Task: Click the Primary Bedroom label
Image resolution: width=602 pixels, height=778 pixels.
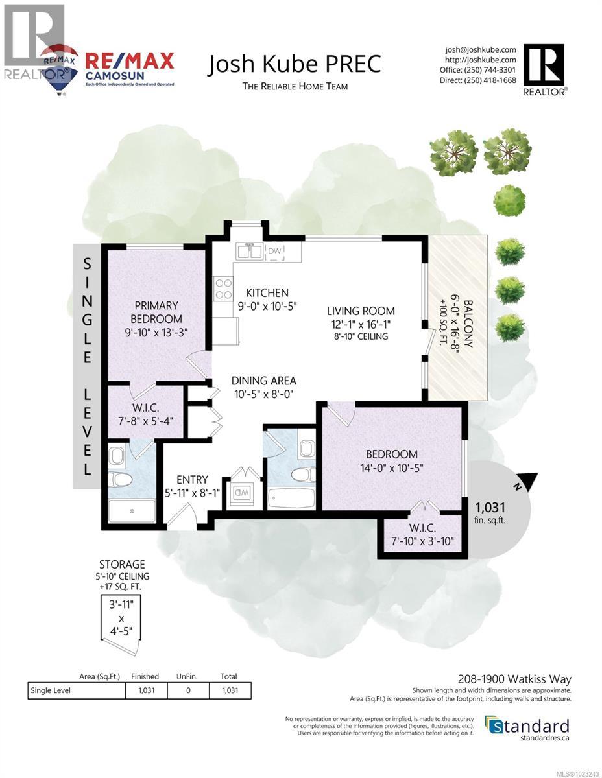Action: click(x=156, y=312)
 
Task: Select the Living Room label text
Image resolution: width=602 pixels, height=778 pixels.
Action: click(x=361, y=311)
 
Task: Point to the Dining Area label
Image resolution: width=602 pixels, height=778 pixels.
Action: click(x=264, y=381)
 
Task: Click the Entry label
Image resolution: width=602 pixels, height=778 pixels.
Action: click(x=192, y=480)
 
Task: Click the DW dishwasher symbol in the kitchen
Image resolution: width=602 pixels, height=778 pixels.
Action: click(x=276, y=250)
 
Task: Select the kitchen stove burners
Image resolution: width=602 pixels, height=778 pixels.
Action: click(x=224, y=288)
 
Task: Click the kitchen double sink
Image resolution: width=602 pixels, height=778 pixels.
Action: click(x=249, y=250)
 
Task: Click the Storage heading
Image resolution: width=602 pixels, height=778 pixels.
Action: click(x=121, y=564)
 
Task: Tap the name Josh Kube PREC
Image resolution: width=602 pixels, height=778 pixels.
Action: click(x=294, y=64)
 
